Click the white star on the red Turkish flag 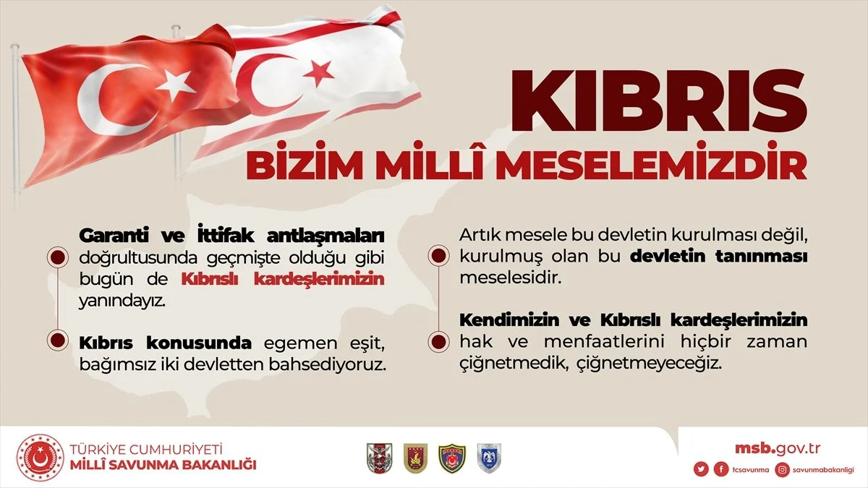(176, 85)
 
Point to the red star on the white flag (318, 73)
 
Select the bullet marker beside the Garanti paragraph (57, 258)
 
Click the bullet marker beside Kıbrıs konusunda (57, 341)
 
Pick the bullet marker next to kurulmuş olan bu (438, 256)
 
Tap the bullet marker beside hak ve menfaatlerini (438, 342)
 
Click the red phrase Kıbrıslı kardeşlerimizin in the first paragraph (283, 279)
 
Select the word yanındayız (122, 301)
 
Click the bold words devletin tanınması (719, 257)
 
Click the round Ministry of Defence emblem (40, 458)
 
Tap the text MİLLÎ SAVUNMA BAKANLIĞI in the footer (163, 465)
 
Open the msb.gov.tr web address (778, 448)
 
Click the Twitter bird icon (701, 469)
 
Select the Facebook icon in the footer (720, 469)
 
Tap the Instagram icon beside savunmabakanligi (783, 470)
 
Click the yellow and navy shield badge (452, 458)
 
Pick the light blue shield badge (489, 458)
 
